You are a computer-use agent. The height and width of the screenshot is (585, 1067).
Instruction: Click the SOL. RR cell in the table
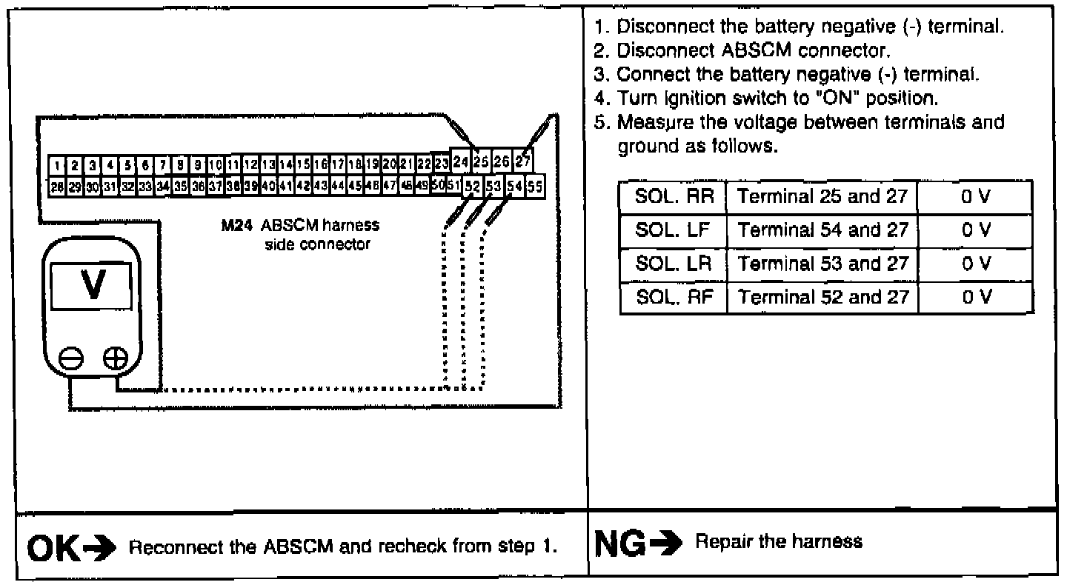pyautogui.click(x=673, y=198)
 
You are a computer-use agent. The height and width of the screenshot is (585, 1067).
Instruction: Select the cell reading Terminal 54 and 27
pyautogui.click(x=822, y=231)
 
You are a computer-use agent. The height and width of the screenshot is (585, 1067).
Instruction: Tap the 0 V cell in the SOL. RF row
pyautogui.click(x=974, y=298)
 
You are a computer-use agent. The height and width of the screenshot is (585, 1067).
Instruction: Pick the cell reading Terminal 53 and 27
pyautogui.click(x=822, y=264)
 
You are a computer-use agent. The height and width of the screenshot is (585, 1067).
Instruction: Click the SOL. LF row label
pyautogui.click(x=673, y=231)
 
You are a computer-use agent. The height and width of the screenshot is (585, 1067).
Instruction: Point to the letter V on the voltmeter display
pyautogui.click(x=93, y=285)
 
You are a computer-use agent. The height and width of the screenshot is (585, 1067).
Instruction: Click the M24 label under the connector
pyautogui.click(x=233, y=227)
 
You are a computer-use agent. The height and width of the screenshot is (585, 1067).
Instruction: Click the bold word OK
pyautogui.click(x=50, y=547)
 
